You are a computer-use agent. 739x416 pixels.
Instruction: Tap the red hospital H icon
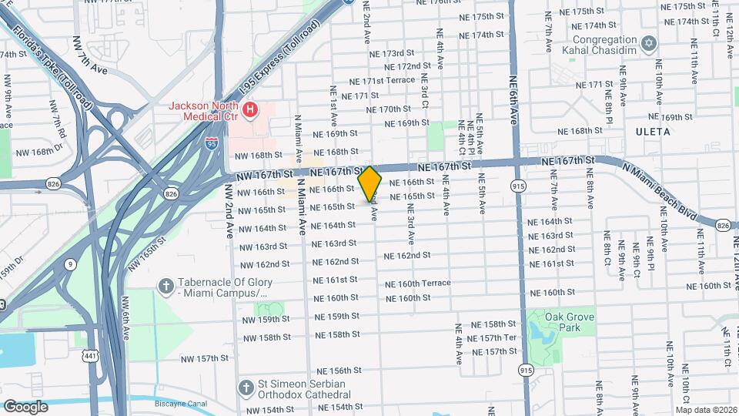[x=249, y=111]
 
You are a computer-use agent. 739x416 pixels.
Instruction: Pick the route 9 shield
[x=71, y=264]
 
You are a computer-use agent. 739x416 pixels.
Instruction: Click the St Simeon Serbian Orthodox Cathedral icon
[x=246, y=387]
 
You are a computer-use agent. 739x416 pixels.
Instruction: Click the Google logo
[x=25, y=406]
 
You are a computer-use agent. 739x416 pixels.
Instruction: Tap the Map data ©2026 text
[x=705, y=410]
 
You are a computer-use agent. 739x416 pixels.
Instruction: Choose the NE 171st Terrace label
[x=382, y=81]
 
